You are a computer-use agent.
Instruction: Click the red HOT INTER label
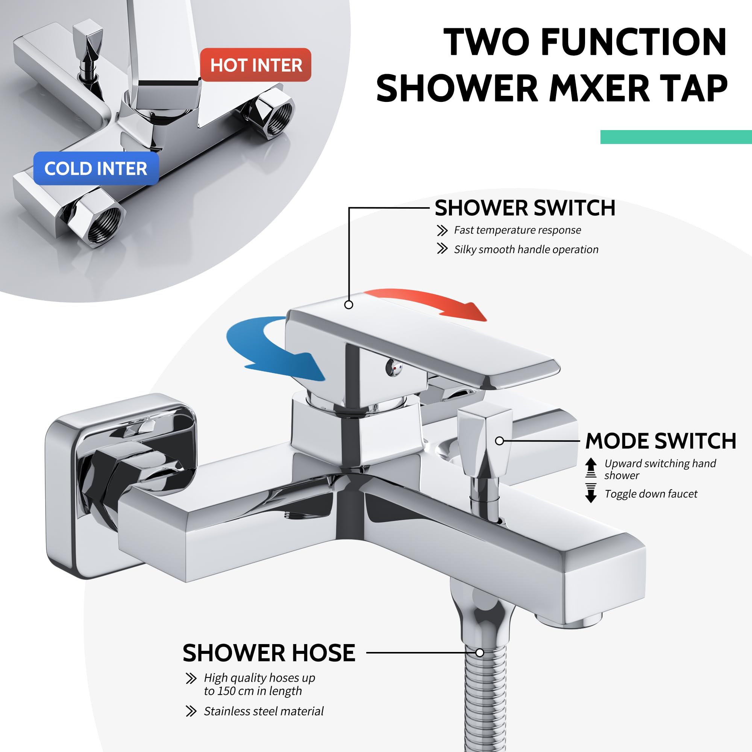256,65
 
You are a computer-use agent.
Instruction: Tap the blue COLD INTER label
96,168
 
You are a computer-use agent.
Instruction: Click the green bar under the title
676,137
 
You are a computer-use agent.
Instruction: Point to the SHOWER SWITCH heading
525,208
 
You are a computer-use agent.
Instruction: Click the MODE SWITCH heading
661,441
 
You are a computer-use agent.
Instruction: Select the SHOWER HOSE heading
269,653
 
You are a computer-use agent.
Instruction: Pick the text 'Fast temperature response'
517,230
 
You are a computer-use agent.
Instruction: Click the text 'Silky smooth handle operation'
526,249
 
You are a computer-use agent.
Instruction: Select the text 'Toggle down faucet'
651,494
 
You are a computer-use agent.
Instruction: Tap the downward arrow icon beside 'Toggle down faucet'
591,493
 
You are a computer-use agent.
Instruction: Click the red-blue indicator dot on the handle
396,367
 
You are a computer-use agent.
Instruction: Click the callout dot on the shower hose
480,653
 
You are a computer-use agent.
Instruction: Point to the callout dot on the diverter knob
500,441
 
